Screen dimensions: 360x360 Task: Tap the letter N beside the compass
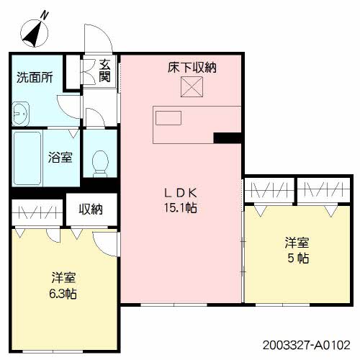click(x=44, y=16)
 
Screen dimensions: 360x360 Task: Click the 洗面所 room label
click(x=35, y=78)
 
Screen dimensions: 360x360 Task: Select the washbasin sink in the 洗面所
click(x=21, y=113)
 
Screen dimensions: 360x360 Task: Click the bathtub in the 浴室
click(x=27, y=158)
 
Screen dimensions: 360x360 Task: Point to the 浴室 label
click(x=60, y=158)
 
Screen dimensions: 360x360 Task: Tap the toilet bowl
click(x=100, y=163)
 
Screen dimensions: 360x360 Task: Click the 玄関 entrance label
click(x=105, y=71)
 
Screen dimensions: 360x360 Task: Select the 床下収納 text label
click(x=192, y=68)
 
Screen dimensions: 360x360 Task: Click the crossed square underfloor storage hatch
click(x=192, y=87)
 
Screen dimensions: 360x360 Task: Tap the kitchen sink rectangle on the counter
click(x=168, y=118)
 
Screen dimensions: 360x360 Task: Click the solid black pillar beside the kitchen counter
click(x=228, y=138)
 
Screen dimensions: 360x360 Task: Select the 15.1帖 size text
click(x=181, y=207)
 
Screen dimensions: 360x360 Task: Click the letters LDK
click(x=181, y=193)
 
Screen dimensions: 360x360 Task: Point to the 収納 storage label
click(x=91, y=209)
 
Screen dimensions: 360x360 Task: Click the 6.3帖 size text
click(x=63, y=294)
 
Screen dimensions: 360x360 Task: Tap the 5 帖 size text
click(x=298, y=258)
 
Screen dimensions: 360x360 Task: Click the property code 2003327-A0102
click(x=307, y=346)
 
